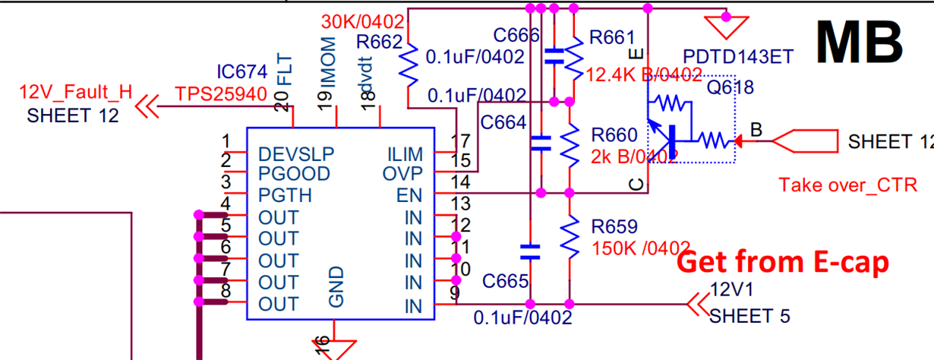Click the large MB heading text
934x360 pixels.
coord(860,42)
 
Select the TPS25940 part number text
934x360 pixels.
coord(221,93)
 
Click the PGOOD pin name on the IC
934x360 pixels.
coord(294,174)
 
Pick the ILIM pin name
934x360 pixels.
coord(404,153)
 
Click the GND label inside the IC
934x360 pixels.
coord(337,286)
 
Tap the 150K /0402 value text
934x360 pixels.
coord(640,248)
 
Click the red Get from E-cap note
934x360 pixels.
coord(783,262)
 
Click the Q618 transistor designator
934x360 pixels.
coord(730,87)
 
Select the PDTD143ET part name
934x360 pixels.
coord(738,57)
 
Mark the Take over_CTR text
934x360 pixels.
coord(848,185)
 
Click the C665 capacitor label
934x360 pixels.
coord(505,282)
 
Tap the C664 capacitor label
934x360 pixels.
coord(503,121)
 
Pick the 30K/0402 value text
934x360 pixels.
coord(363,21)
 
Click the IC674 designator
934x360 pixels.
coord(241,72)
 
